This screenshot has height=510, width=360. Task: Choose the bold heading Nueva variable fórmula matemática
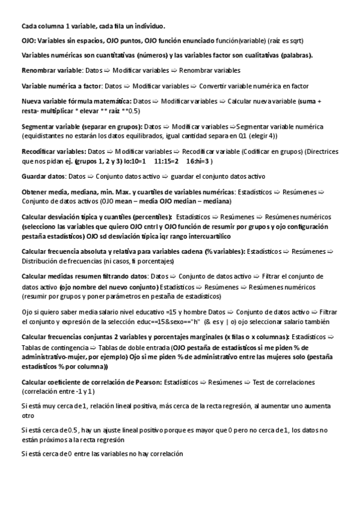76,100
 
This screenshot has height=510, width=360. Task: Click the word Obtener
34,191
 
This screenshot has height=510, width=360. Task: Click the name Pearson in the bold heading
144,382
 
